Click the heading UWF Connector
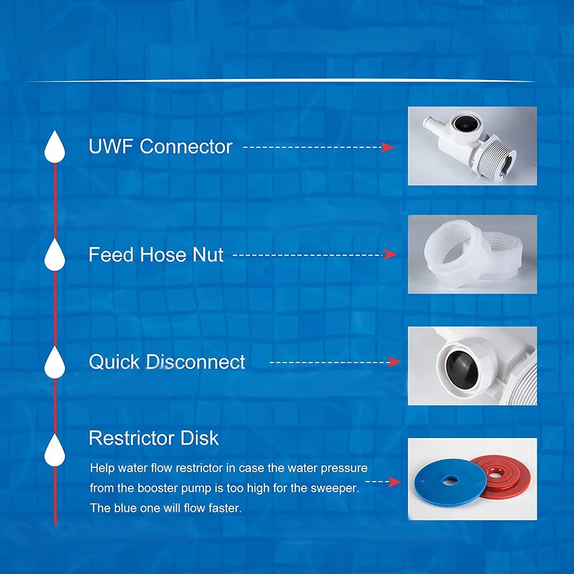[160, 146]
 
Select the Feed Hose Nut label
[155, 254]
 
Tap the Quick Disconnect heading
[166, 362]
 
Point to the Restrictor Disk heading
[153, 438]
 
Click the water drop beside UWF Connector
[55, 147]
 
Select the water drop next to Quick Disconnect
[55, 362]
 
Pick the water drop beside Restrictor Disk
[55, 450]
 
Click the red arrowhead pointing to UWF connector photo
[388, 147]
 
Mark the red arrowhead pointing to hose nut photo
[391, 254]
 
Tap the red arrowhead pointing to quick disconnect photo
[394, 362]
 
